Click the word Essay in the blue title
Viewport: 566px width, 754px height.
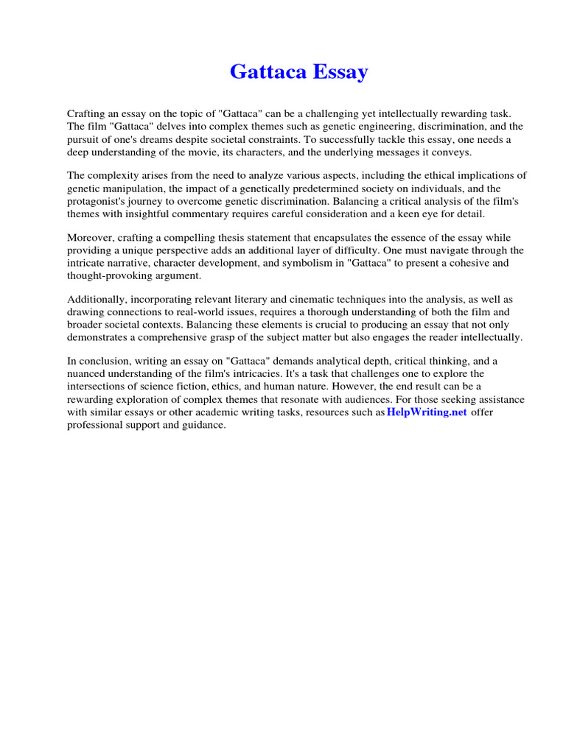tap(341, 72)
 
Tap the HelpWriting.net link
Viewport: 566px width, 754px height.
tap(427, 412)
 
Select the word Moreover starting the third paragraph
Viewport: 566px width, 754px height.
tap(93, 238)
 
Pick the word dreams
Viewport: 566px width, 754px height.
tap(170, 139)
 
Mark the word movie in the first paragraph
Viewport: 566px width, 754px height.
tap(221, 152)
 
